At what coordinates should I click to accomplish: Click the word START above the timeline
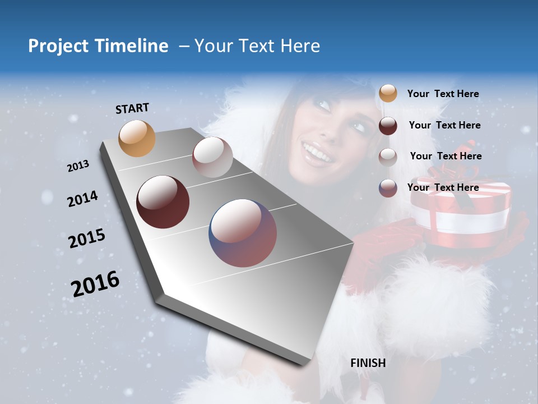click(132, 108)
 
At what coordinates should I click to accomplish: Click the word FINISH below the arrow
click(368, 363)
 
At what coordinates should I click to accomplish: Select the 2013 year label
click(78, 166)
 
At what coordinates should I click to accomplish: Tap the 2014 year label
click(82, 199)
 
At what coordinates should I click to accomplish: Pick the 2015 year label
click(87, 238)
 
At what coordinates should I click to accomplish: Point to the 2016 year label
click(95, 283)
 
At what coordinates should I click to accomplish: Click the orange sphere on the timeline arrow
click(137, 138)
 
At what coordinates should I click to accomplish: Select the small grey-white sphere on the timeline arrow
click(212, 157)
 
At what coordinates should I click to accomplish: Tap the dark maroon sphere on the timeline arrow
click(163, 202)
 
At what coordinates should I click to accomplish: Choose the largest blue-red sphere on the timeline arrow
click(243, 233)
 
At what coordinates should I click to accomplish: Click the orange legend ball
click(388, 93)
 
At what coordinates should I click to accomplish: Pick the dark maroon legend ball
click(388, 125)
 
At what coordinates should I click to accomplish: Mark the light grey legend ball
click(388, 157)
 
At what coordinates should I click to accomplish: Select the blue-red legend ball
click(388, 188)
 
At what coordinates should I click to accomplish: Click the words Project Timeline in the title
click(98, 46)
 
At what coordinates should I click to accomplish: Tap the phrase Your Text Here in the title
click(257, 46)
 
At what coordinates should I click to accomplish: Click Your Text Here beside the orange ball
click(443, 94)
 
